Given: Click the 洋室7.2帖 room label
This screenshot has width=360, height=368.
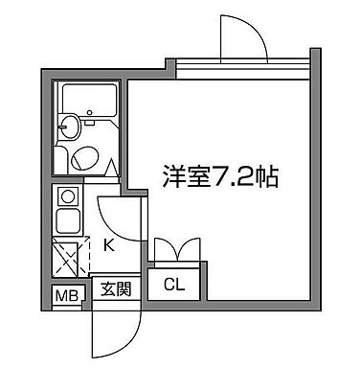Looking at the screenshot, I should (x=218, y=176).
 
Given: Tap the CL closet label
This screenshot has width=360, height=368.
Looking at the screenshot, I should (x=174, y=284).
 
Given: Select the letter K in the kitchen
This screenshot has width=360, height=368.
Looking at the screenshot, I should (x=108, y=245).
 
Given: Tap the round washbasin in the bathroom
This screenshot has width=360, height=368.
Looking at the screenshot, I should (x=69, y=126).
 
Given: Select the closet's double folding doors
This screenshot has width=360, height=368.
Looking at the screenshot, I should (x=176, y=250).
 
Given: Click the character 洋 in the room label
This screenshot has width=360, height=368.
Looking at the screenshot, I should (x=173, y=176).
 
